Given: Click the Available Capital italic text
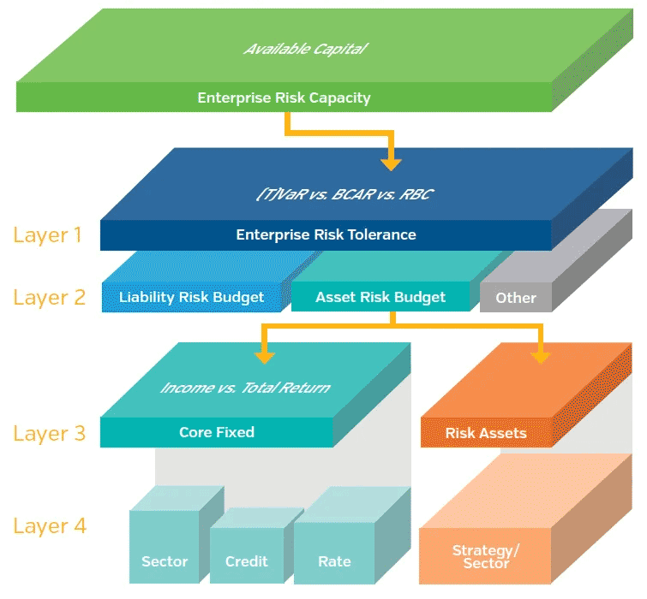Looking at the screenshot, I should click(305, 49).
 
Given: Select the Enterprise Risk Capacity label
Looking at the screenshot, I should click(284, 98).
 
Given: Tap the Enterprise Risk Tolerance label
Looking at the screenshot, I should click(326, 234).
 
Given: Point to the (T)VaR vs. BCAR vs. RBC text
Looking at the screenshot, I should click(344, 194).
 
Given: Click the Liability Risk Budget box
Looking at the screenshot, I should click(191, 298).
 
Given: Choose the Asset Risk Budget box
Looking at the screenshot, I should click(380, 297).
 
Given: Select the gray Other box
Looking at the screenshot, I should click(516, 298).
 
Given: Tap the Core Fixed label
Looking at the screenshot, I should click(217, 432).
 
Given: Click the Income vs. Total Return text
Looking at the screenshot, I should click(245, 388).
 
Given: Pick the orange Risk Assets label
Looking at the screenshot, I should click(486, 433).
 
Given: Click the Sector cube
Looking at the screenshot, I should click(165, 548).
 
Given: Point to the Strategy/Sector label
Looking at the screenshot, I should click(486, 556).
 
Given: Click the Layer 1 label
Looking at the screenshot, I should click(48, 234).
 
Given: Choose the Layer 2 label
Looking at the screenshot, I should click(50, 298).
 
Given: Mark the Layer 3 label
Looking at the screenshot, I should click(50, 433).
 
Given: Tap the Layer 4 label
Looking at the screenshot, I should click(50, 525).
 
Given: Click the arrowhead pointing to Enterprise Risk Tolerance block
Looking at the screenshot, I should click(392, 161).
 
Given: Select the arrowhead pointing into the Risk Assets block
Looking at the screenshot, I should click(540, 355).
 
